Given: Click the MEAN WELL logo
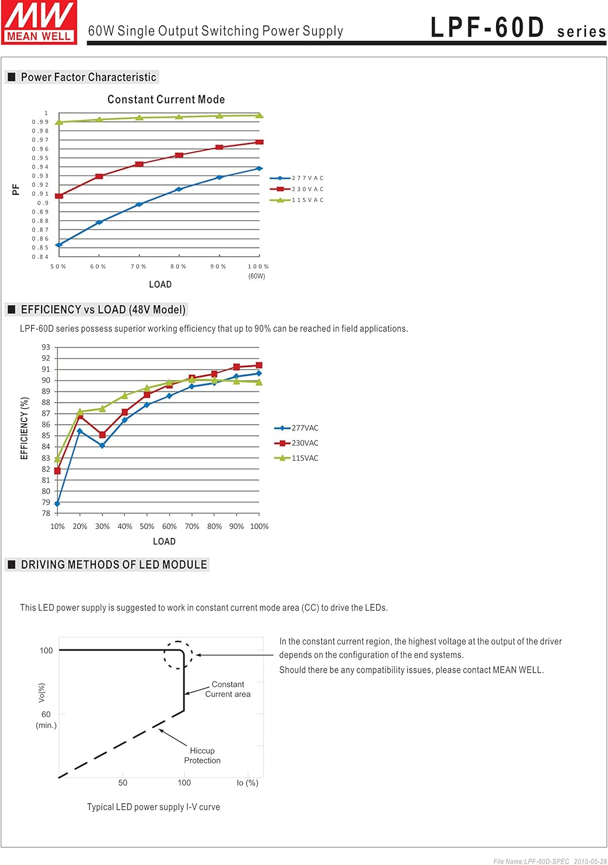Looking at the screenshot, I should (39, 22).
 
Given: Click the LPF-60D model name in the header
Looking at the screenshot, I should (487, 28).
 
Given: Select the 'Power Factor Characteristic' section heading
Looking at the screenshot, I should (88, 77).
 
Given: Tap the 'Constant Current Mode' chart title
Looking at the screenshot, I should (166, 99).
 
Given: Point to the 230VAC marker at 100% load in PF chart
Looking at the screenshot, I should (259, 142).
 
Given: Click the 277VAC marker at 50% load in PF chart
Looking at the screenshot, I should (59, 245).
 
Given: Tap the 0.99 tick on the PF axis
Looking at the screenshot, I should (40, 122).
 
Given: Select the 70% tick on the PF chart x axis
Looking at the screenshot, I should (138, 266).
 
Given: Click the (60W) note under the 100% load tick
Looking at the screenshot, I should (257, 276).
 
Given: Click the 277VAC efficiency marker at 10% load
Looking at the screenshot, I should (57, 504).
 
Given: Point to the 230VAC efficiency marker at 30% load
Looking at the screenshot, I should (102, 435).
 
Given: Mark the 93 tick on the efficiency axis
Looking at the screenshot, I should (46, 347).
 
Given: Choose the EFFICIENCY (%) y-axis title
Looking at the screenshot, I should (24, 428).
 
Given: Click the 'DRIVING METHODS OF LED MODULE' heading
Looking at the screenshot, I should (114, 565).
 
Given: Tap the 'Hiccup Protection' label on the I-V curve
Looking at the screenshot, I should (202, 755).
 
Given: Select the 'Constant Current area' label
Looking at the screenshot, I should (228, 689).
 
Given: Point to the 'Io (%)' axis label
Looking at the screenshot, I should (247, 783).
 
